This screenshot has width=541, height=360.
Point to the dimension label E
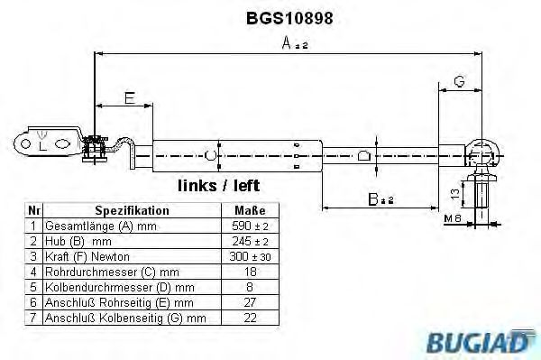click(x=130, y=99)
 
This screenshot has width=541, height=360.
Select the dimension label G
click(x=459, y=83)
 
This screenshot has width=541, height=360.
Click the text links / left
click(x=219, y=186)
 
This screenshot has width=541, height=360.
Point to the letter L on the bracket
click(x=41, y=144)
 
